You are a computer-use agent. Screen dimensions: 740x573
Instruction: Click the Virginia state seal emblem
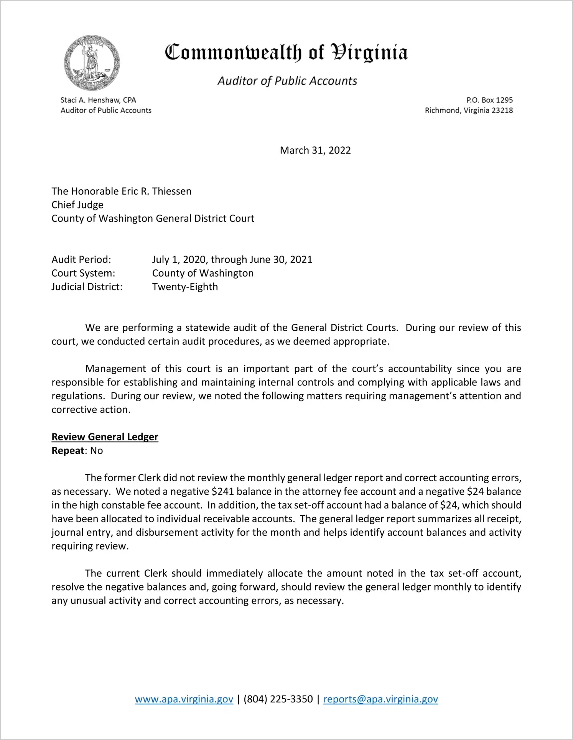(x=92, y=63)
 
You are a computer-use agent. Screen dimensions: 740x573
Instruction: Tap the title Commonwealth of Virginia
(x=286, y=53)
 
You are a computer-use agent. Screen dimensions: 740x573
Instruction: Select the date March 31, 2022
(x=315, y=150)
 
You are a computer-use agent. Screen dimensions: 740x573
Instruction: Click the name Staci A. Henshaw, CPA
(x=98, y=100)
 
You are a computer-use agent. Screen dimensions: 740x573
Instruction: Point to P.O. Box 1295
(x=489, y=100)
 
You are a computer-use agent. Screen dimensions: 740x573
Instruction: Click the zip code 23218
(x=502, y=110)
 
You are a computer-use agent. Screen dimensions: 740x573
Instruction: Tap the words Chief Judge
(x=77, y=205)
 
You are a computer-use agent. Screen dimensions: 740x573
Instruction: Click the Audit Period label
(x=81, y=259)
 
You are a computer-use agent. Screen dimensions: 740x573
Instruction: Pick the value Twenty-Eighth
(x=185, y=287)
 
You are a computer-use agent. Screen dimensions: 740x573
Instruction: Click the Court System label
(x=83, y=273)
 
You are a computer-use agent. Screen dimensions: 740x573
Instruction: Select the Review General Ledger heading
(x=105, y=437)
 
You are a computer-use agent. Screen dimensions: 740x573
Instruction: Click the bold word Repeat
(x=68, y=451)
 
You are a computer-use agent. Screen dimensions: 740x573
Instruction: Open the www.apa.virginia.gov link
(x=184, y=699)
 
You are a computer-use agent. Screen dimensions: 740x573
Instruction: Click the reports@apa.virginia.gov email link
(x=380, y=699)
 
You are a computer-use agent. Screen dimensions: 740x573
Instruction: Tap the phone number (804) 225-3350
(x=278, y=699)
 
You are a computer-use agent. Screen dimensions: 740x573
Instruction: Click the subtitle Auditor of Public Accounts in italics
(x=287, y=81)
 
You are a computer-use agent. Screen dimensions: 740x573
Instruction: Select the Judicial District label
(x=87, y=287)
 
